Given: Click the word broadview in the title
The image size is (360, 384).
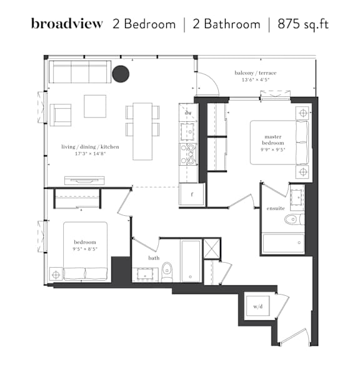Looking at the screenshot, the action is (67, 24).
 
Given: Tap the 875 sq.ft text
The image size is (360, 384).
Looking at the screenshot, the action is (303, 24).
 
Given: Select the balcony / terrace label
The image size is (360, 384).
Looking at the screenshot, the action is (256, 73).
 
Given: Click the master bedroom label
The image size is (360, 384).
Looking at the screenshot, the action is (273, 139).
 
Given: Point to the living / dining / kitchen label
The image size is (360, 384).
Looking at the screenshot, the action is (90, 147).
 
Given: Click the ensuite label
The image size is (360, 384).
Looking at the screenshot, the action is (276, 208).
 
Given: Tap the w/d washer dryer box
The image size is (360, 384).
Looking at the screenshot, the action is (258, 306).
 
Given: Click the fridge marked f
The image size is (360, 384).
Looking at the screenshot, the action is (192, 195).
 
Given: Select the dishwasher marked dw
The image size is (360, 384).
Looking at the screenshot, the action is (188, 113).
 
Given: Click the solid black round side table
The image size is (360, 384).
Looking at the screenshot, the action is (121, 74).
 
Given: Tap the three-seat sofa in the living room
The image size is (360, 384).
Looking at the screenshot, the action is (80, 72).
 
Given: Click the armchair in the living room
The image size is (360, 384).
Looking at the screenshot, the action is (61, 115).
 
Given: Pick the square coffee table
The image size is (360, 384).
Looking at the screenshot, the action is (95, 106).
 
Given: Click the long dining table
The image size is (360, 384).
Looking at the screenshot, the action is (142, 131).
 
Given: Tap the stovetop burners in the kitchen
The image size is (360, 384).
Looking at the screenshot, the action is (188, 154).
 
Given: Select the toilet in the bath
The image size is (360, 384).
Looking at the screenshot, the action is (167, 272).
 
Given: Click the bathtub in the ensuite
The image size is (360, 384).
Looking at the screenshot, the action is (283, 243).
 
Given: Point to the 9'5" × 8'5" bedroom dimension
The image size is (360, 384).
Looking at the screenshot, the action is (85, 249).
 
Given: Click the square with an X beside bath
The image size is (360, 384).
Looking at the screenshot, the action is (212, 249).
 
